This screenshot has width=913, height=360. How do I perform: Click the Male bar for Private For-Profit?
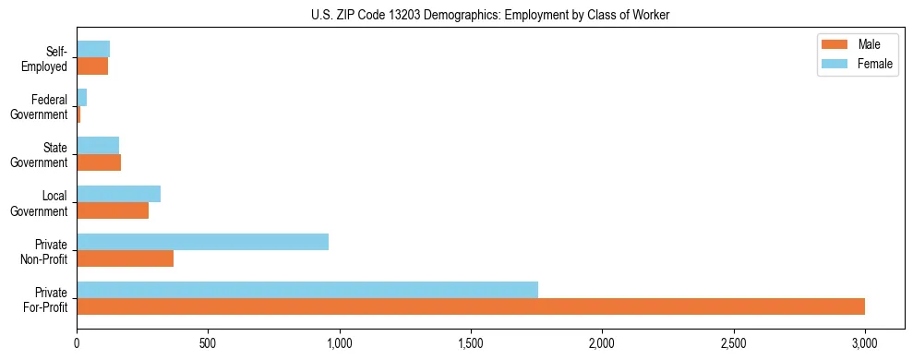pos(471,306)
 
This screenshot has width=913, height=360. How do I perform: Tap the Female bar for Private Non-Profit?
pos(202,242)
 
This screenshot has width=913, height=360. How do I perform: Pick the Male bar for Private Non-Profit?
pos(125,258)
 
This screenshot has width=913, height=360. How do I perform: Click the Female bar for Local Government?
pos(118,194)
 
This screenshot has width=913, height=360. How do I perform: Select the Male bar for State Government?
pos(99,162)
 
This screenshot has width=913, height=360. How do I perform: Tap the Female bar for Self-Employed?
pos(93,49)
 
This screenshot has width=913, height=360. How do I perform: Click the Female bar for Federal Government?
pos(82,97)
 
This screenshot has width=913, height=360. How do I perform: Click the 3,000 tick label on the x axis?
pos(864,343)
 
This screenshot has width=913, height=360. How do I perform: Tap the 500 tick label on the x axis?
pos(208,343)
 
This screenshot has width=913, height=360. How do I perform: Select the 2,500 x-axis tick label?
pos(733,343)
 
